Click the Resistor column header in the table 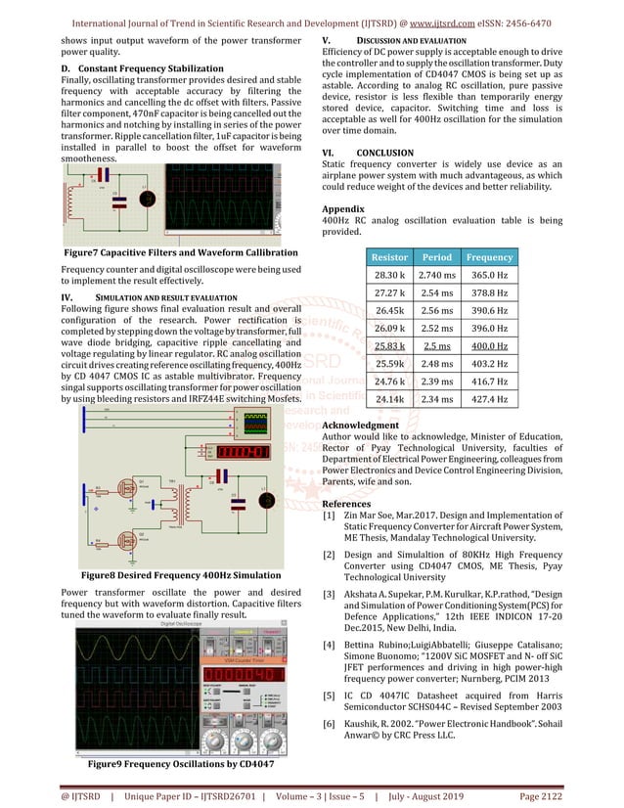click(388, 257)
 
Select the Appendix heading click(343, 209)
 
